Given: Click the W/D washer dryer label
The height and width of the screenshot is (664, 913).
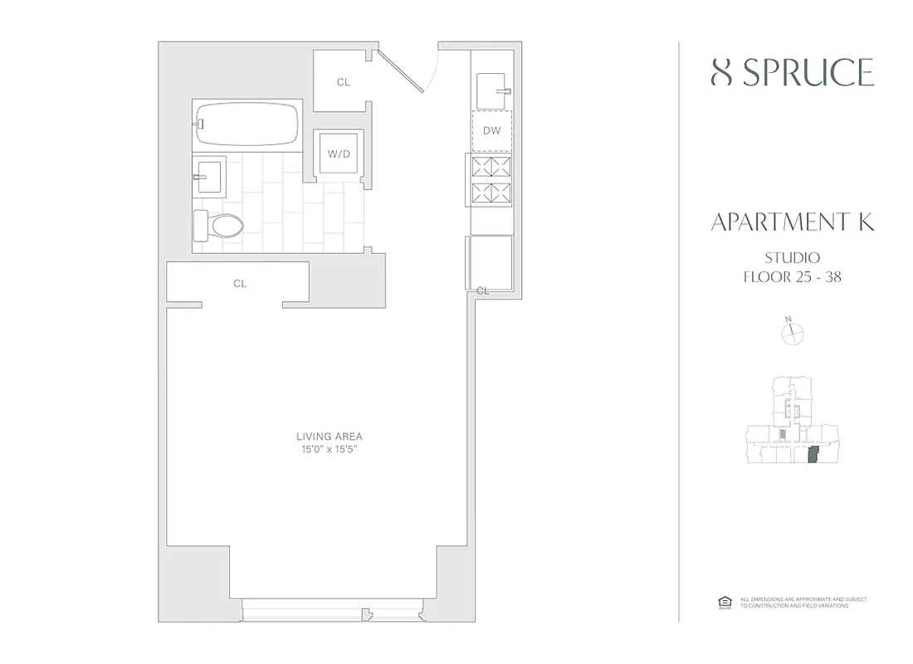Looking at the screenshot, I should click(338, 153).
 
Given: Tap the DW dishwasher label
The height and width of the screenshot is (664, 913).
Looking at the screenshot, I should click(491, 131).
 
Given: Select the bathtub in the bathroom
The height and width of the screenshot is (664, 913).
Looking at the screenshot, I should click(247, 124).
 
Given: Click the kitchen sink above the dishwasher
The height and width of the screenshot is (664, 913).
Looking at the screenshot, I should click(492, 85).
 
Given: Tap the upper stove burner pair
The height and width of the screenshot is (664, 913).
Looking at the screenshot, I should click(491, 167).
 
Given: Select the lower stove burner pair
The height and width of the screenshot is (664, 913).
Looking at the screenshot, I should click(491, 194).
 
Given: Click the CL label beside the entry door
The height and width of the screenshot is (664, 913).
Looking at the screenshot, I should click(343, 82).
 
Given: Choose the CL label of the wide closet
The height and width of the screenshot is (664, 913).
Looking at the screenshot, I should click(240, 284).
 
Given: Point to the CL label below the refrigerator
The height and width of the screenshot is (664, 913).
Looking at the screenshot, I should click(482, 290).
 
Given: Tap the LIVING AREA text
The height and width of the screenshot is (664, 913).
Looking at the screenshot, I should click(330, 437).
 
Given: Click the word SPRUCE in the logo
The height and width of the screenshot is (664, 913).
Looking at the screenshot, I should click(807, 73).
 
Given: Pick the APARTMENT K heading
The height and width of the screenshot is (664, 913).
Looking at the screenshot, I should click(792, 222).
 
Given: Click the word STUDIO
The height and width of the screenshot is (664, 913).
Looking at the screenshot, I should click(792, 258).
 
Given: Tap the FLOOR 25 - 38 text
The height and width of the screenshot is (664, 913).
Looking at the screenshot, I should click(792, 277).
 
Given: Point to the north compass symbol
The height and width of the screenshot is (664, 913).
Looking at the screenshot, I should click(793, 333).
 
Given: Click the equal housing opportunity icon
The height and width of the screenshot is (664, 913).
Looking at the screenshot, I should click(722, 602).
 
